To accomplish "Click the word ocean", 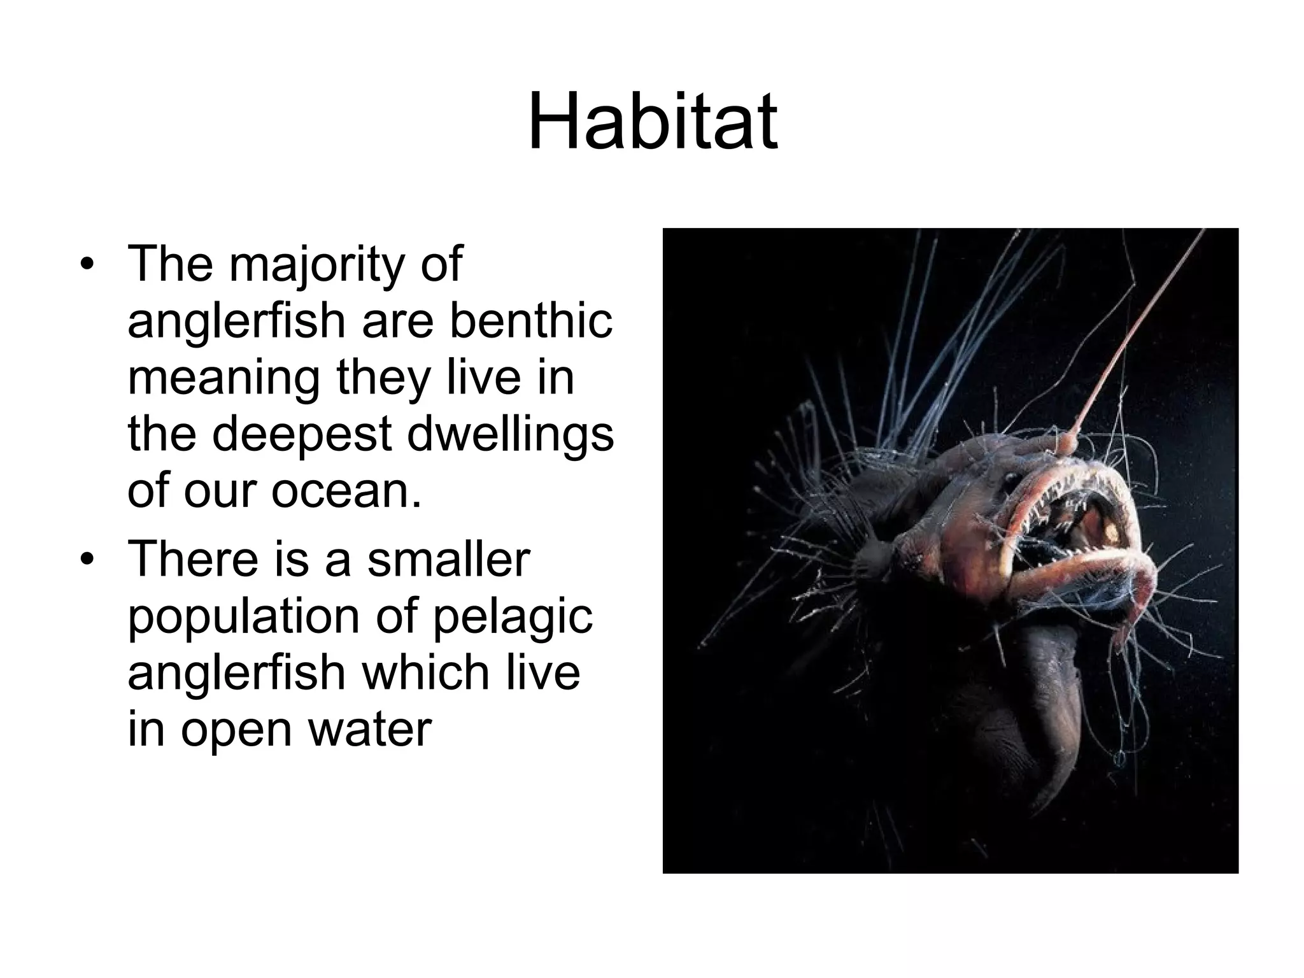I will pos(347,491).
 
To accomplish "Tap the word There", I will pos(191,558).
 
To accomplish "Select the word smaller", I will pos(448,558).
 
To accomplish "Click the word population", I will pos(246,616).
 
